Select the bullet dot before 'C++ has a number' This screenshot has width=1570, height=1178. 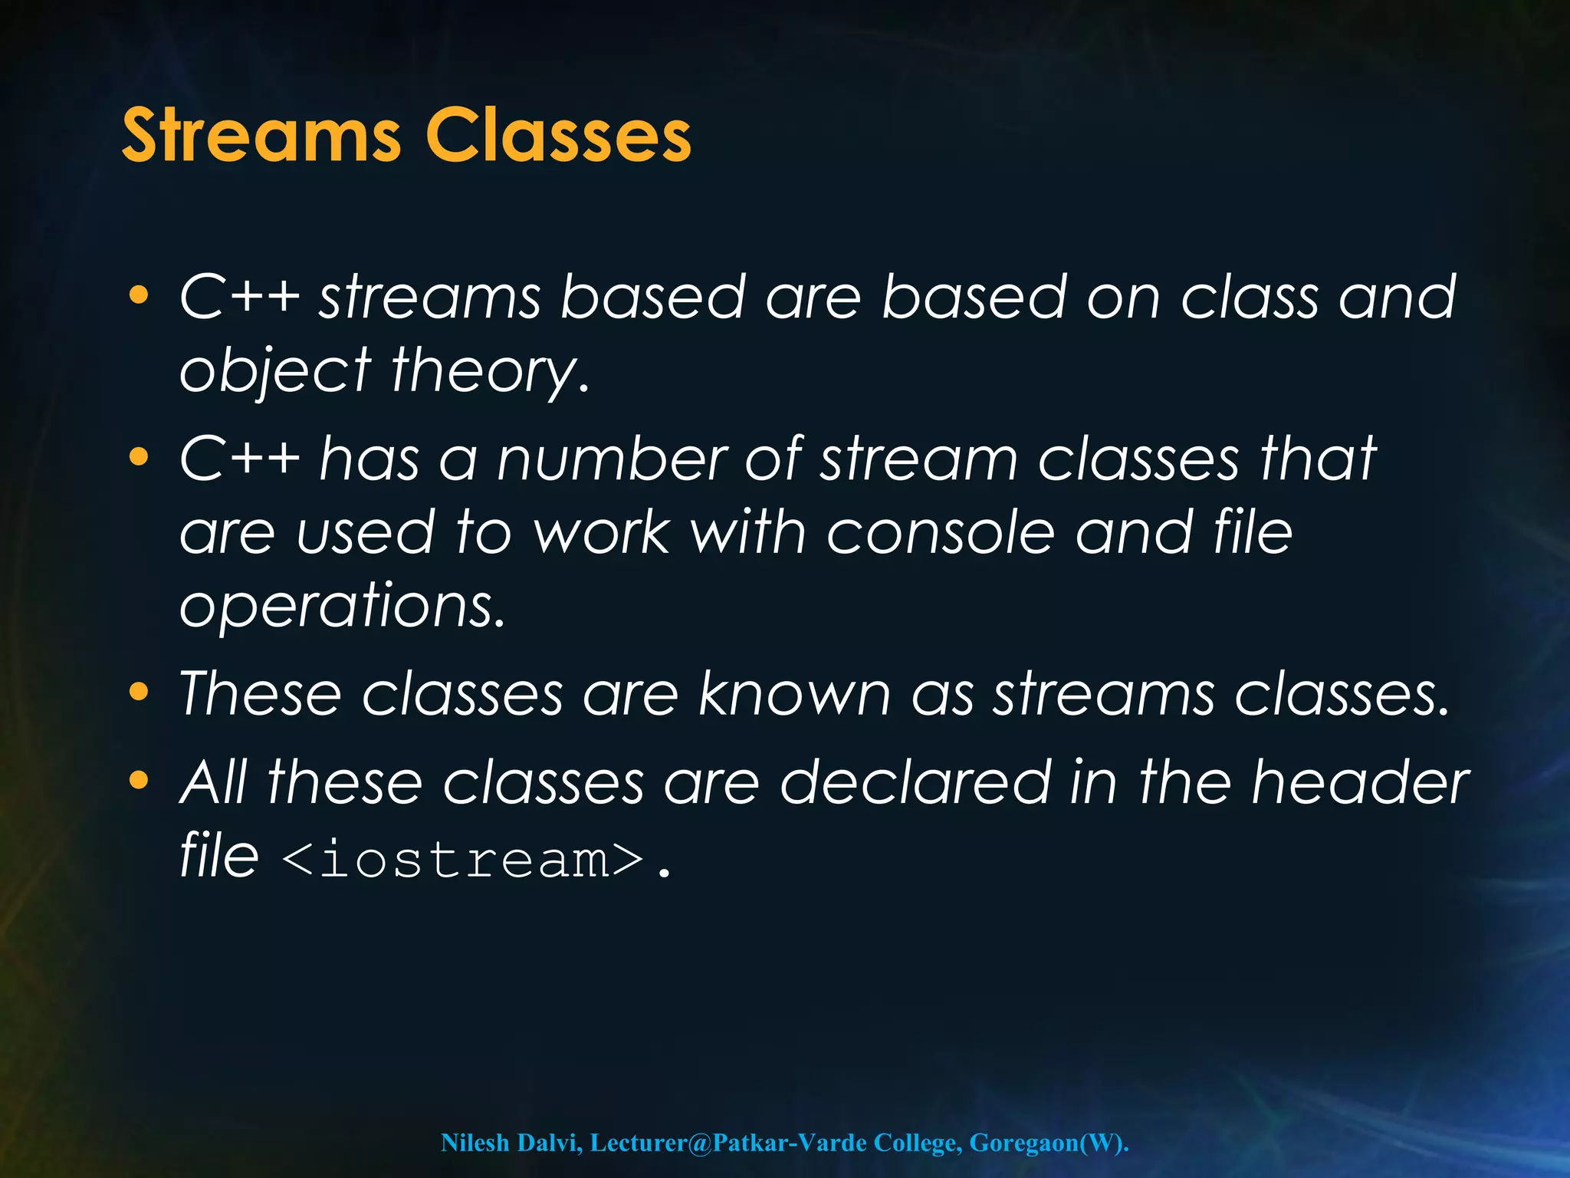point(138,458)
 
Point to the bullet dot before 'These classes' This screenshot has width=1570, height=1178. point(138,693)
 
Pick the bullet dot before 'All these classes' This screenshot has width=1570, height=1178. point(138,781)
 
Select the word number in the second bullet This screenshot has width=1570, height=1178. point(611,459)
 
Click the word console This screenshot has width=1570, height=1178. point(941,532)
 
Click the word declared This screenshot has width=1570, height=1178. point(915,782)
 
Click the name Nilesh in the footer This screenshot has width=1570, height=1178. point(475,1142)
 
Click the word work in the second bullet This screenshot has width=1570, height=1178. point(601,532)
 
